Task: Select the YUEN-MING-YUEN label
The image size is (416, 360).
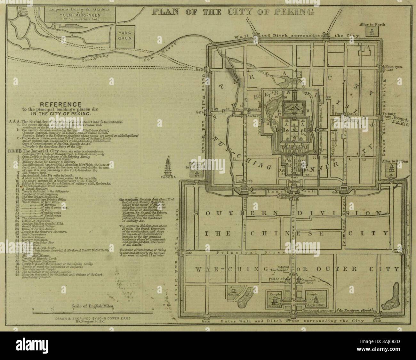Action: [78, 14]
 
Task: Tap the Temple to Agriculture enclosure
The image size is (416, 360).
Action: [316, 300]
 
